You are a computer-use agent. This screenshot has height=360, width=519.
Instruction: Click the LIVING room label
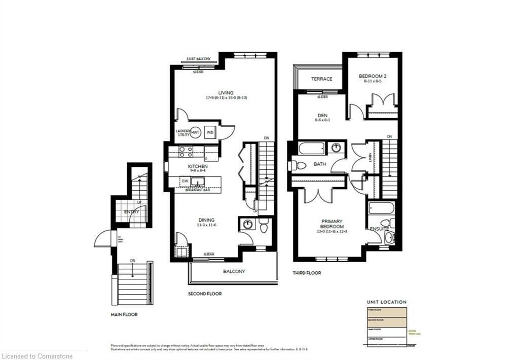[226, 93]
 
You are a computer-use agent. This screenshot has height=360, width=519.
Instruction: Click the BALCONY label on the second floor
[234, 271]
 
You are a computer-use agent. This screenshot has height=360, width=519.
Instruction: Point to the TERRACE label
[321, 79]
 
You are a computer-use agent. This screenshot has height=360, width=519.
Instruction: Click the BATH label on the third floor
[320, 164]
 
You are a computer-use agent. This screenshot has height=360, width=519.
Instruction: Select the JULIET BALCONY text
[199, 59]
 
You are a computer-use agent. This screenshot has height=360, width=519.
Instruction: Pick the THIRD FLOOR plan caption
[307, 273]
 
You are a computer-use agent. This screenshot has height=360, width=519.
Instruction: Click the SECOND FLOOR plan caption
[205, 294]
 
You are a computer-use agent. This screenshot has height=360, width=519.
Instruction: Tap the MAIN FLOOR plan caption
[124, 314]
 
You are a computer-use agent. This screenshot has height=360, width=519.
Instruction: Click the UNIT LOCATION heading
[387, 302]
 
